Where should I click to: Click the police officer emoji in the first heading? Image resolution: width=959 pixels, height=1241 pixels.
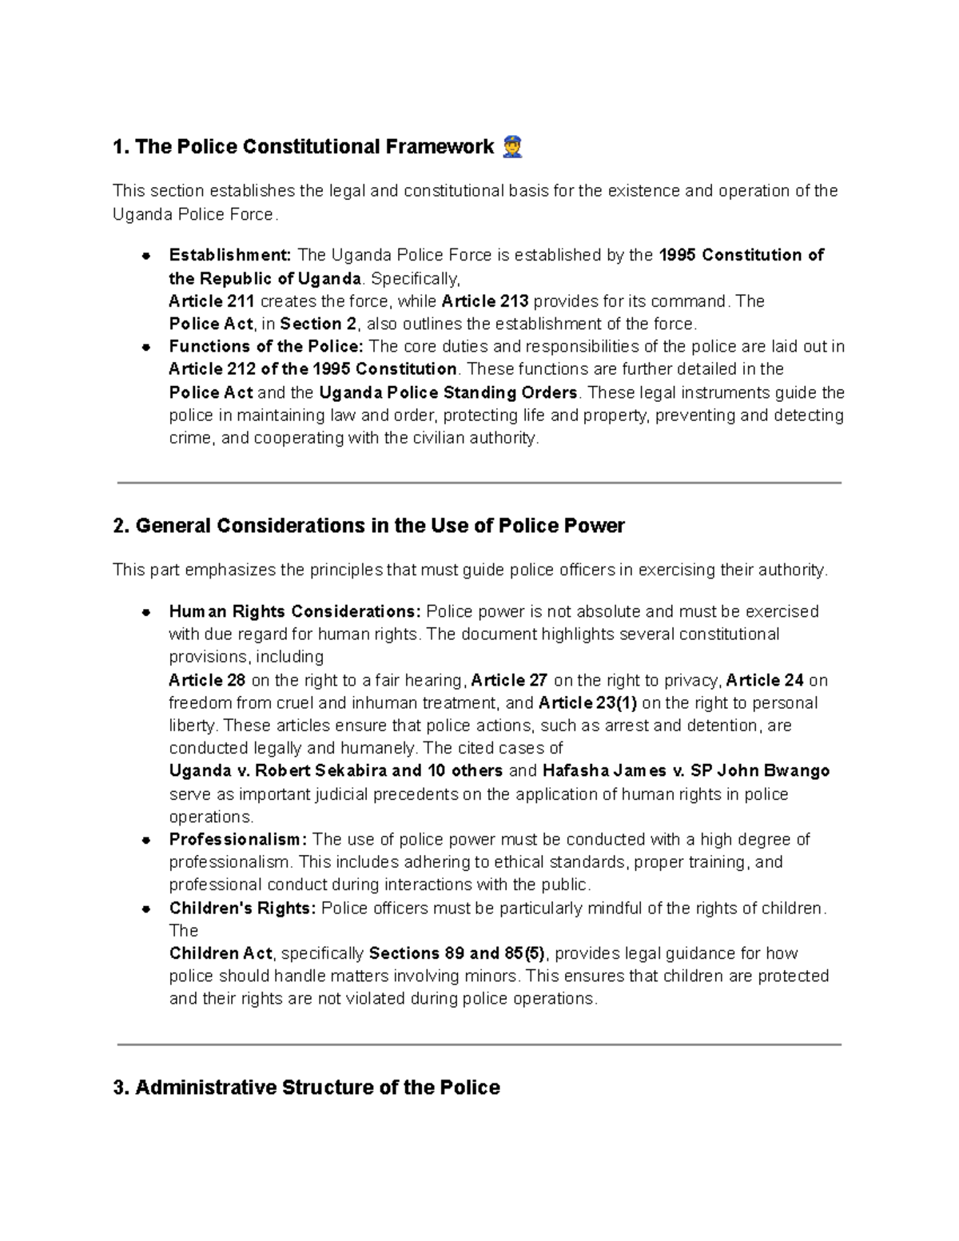pyautogui.click(x=512, y=147)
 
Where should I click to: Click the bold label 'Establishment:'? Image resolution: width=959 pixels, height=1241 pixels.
pyautogui.click(x=230, y=256)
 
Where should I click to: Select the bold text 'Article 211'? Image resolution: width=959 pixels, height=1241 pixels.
pyautogui.click(x=212, y=301)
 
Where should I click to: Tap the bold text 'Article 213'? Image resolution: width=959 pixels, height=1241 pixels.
pyautogui.click(x=484, y=301)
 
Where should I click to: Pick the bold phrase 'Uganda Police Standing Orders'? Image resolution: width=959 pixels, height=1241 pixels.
pyautogui.click(x=448, y=392)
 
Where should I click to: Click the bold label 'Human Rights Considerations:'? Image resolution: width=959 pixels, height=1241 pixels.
pyautogui.click(x=294, y=612)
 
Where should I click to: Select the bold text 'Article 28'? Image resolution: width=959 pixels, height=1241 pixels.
pyautogui.click(x=207, y=681)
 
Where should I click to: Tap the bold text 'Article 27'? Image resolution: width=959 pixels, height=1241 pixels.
pyautogui.click(x=509, y=681)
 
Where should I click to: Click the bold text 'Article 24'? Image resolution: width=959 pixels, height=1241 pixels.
pyautogui.click(x=764, y=681)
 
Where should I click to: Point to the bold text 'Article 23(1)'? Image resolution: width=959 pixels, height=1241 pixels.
pyautogui.click(x=587, y=703)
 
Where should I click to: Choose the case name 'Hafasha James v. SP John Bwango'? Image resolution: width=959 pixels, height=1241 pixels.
pyautogui.click(x=686, y=771)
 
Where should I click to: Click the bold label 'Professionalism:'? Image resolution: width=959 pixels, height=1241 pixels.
pyautogui.click(x=237, y=840)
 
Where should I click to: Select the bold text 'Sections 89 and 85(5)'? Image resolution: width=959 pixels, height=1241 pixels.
pyautogui.click(x=457, y=953)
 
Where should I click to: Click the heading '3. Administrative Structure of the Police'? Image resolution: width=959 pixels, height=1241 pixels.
pyautogui.click(x=307, y=1088)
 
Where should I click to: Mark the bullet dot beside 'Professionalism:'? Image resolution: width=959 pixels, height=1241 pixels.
pyautogui.click(x=146, y=841)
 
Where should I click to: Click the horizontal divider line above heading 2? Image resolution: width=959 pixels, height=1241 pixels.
pyautogui.click(x=479, y=483)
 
